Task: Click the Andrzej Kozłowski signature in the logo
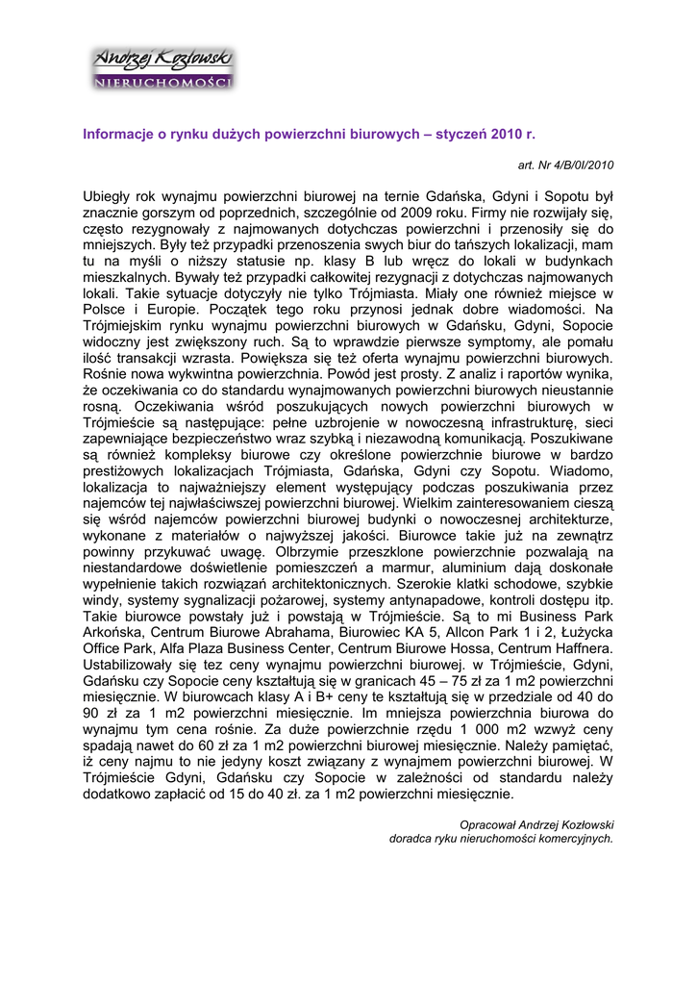pyautogui.click(x=162, y=61)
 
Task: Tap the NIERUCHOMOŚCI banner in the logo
pyautogui.click(x=162, y=83)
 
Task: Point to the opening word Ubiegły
pyautogui.click(x=109, y=197)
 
